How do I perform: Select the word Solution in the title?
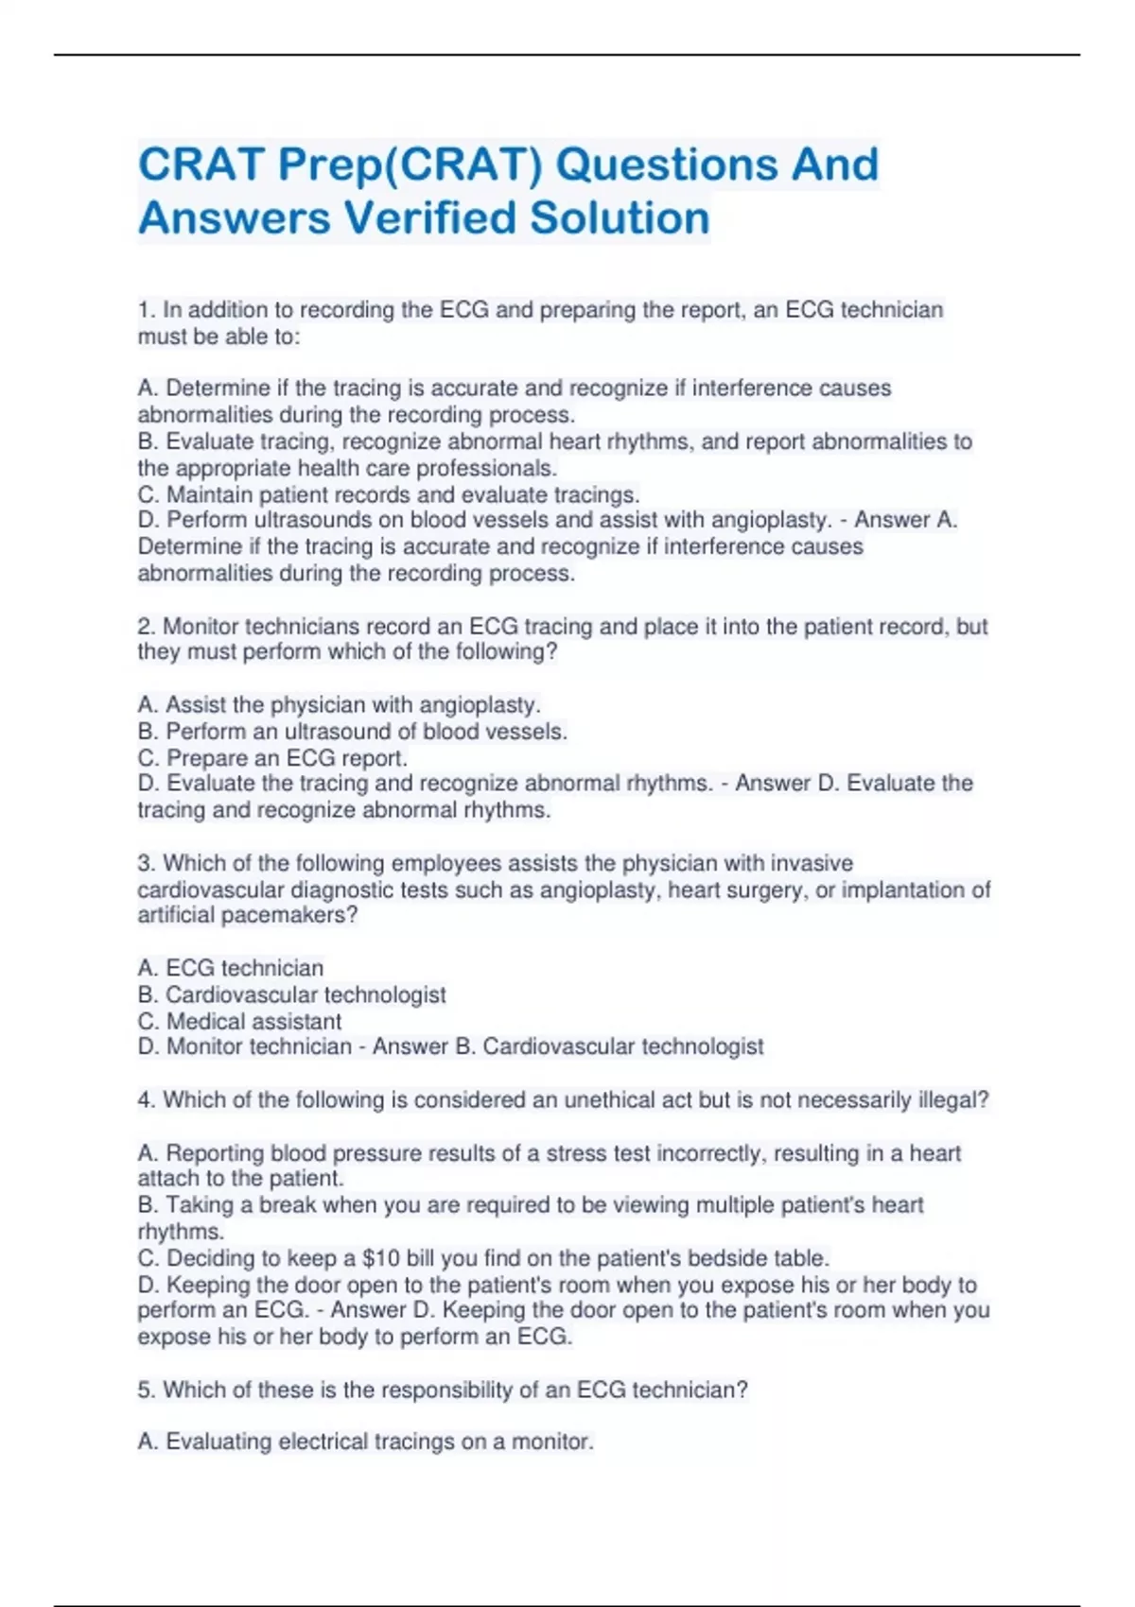click(620, 217)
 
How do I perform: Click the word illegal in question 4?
click(953, 1100)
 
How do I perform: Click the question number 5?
click(146, 1390)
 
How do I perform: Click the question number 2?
click(146, 626)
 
